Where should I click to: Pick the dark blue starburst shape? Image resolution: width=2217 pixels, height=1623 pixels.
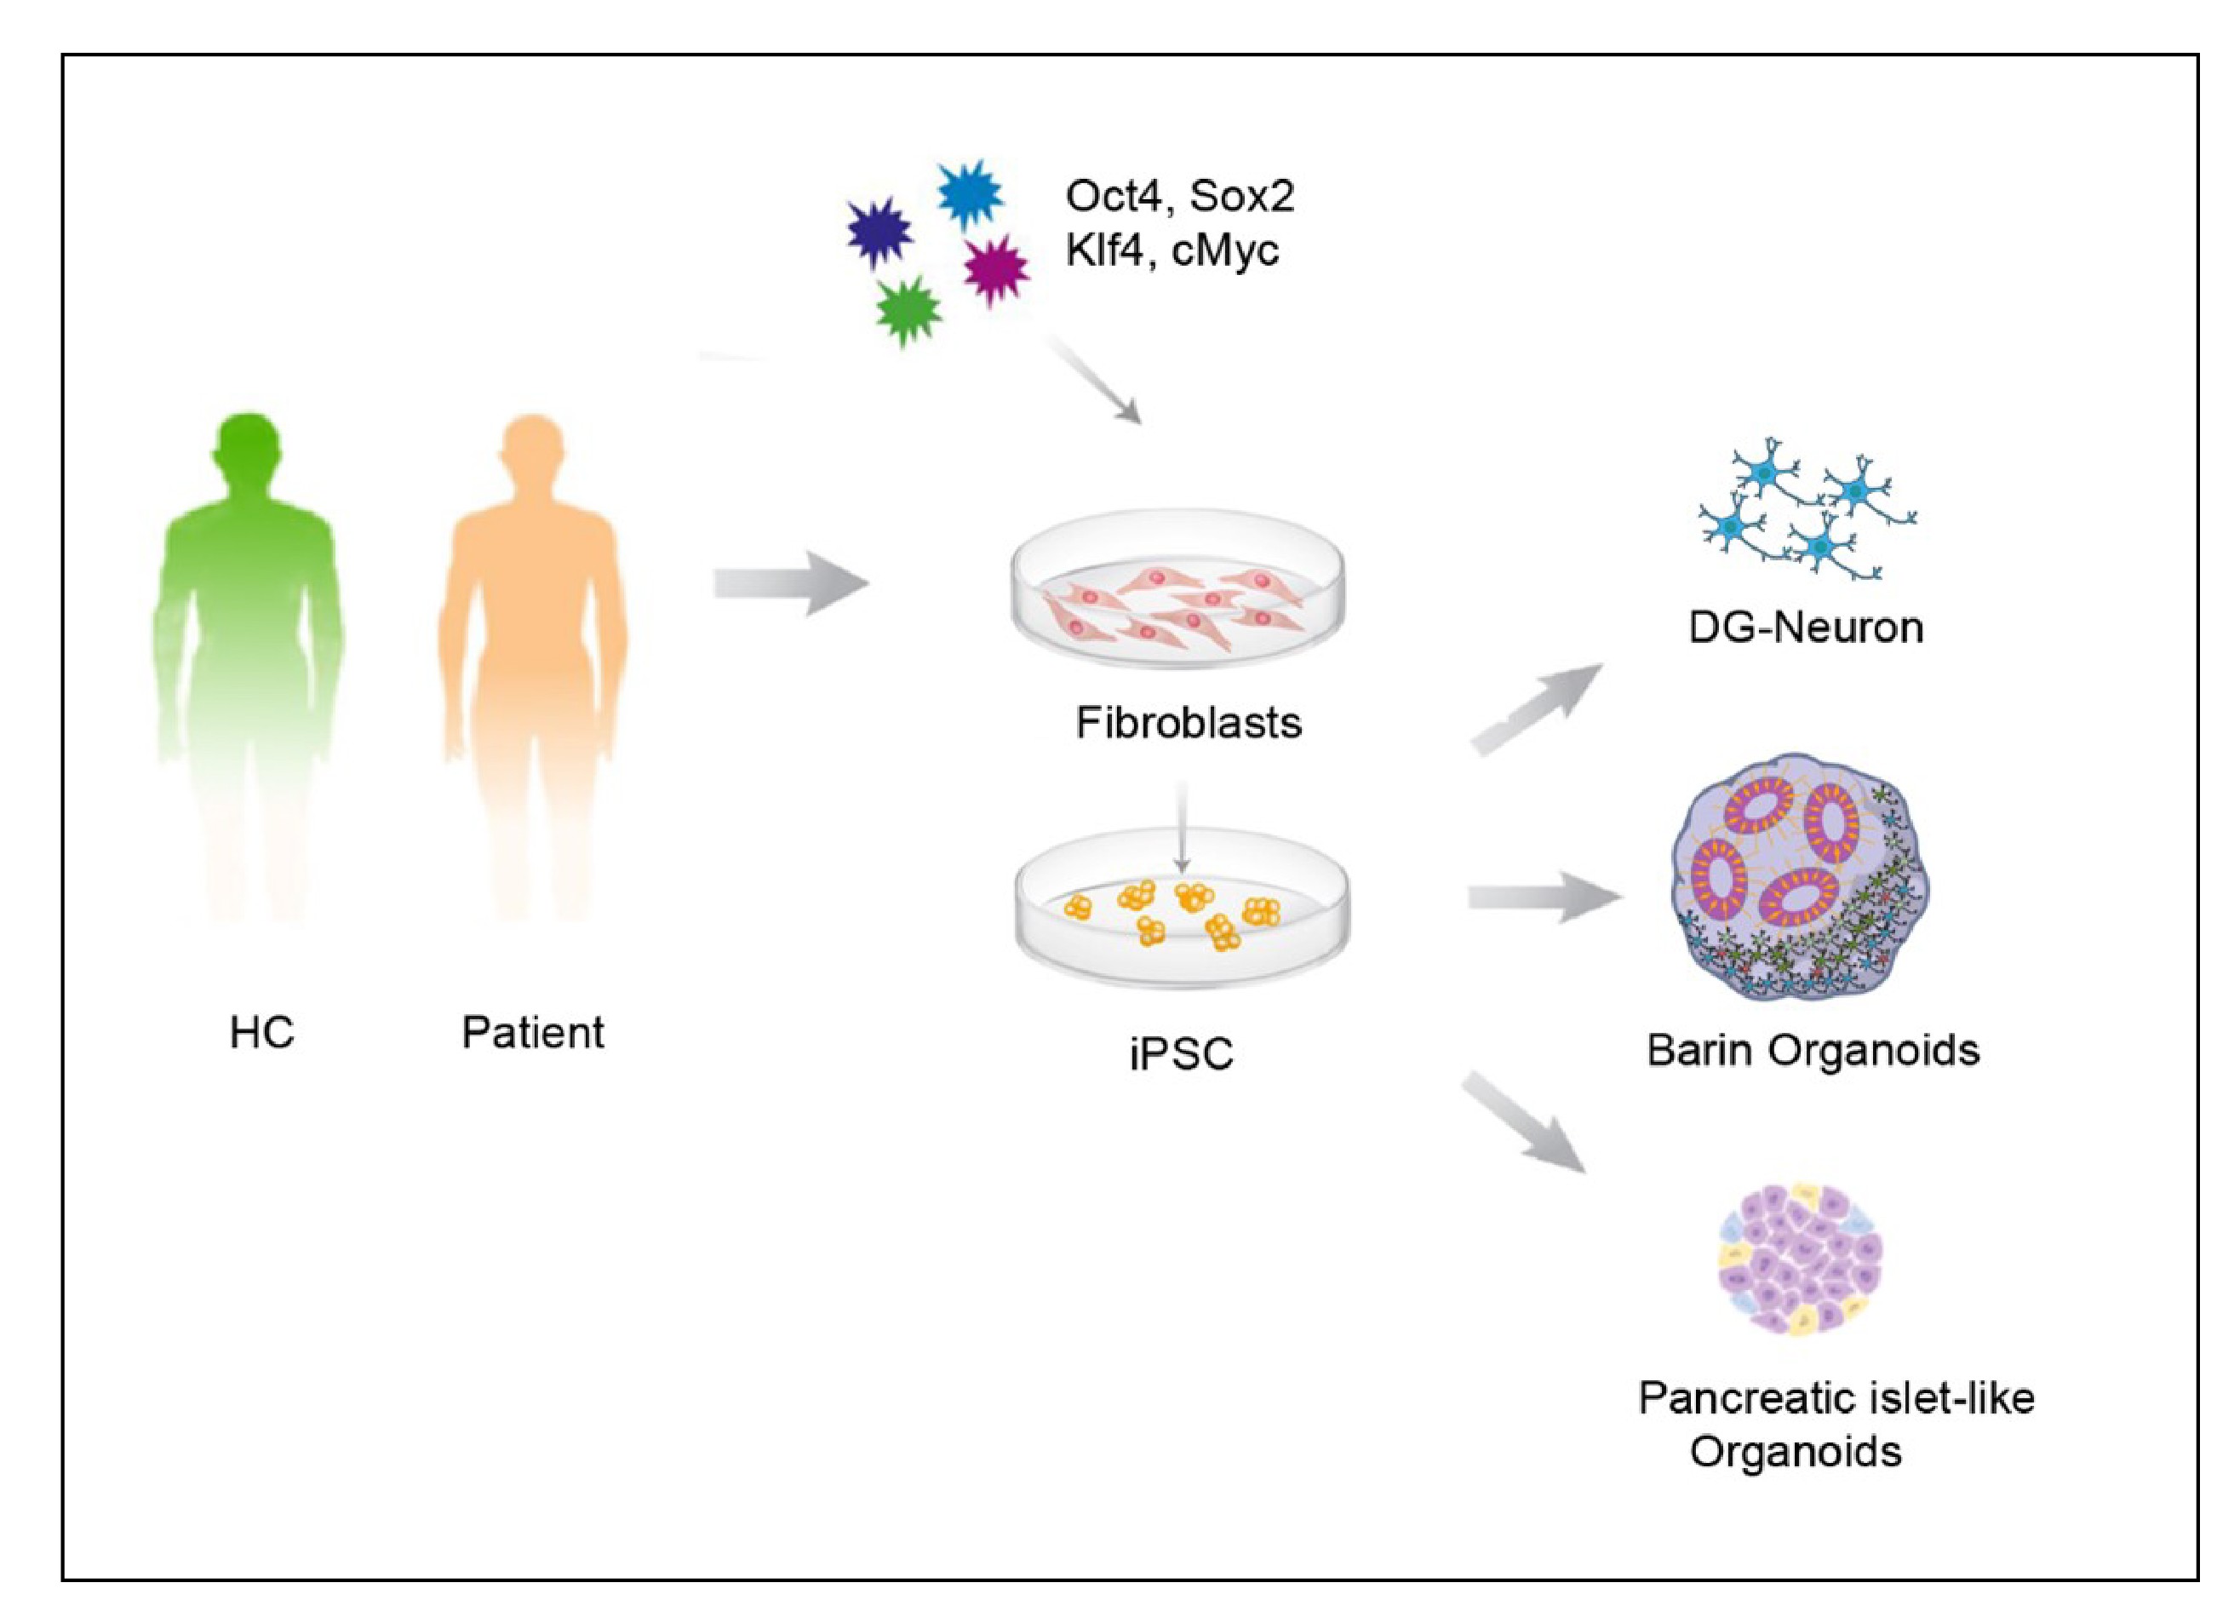pyautogui.click(x=879, y=232)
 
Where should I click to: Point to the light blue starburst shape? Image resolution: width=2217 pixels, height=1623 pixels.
pyautogui.click(x=970, y=194)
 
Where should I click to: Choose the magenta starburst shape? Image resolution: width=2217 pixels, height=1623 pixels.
pyautogui.click(x=995, y=268)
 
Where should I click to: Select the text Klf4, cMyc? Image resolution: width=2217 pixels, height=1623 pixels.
pyautogui.click(x=1172, y=249)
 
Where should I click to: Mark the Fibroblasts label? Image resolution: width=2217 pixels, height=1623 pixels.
pyautogui.click(x=1189, y=723)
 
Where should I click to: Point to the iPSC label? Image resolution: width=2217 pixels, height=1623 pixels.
pyautogui.click(x=1181, y=1054)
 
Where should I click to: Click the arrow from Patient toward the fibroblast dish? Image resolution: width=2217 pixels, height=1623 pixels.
pyautogui.click(x=791, y=583)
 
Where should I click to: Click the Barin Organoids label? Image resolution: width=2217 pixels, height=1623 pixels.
pyautogui.click(x=1813, y=1050)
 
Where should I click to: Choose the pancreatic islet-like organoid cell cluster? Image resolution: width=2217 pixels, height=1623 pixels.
pyautogui.click(x=1800, y=1259)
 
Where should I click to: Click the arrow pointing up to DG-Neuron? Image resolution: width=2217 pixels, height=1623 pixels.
pyautogui.click(x=1534, y=708)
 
